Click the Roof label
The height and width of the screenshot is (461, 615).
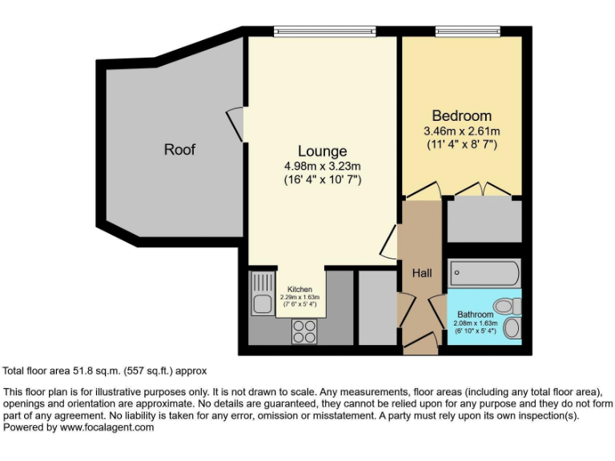pyautogui.click(x=179, y=150)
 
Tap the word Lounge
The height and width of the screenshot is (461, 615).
pyautogui.click(x=322, y=151)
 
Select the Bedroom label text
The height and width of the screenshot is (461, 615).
pyautogui.click(x=461, y=116)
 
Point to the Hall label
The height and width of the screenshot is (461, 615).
pyautogui.click(x=421, y=273)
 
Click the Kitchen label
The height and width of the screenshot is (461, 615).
pyautogui.click(x=300, y=289)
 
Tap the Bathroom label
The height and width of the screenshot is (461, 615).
pyautogui.click(x=475, y=315)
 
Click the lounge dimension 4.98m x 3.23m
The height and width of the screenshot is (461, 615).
pyautogui.click(x=322, y=166)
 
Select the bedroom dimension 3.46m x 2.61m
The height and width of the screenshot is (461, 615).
pyautogui.click(x=461, y=131)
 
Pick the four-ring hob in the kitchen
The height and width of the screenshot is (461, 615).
pyautogui.click(x=303, y=331)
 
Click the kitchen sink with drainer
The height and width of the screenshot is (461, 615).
pyautogui.click(x=261, y=294)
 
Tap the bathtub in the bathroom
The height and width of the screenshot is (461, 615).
pyautogui.click(x=484, y=273)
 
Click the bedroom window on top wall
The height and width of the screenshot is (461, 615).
pyautogui.click(x=468, y=31)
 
